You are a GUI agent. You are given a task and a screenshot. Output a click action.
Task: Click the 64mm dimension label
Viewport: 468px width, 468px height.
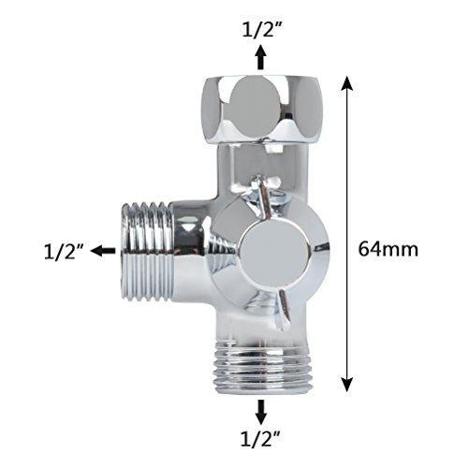tap(388, 250)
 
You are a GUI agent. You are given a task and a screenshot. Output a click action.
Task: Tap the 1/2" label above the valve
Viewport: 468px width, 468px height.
tap(261, 29)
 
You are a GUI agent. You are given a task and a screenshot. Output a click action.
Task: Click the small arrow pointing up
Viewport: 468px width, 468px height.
tap(261, 59)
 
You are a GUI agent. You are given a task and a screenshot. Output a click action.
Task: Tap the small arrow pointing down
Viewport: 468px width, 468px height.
tap(261, 409)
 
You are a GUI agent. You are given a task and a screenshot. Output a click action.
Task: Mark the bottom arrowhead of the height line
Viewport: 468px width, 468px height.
tap(347, 385)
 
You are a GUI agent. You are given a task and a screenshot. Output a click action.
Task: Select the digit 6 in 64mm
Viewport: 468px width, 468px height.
tap(365, 250)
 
